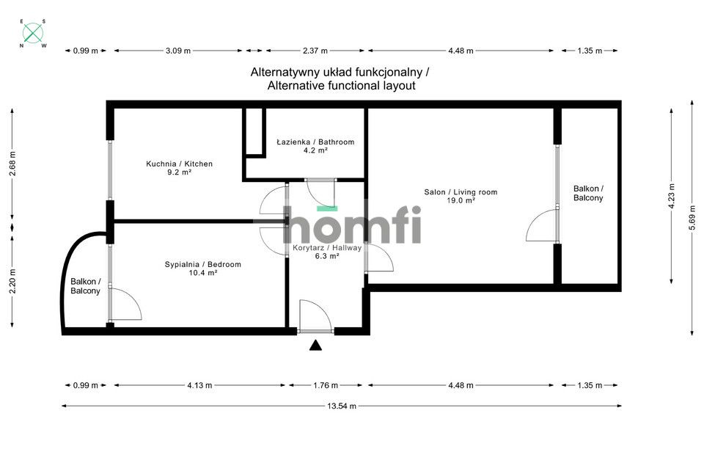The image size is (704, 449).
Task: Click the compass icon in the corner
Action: [x=33, y=33]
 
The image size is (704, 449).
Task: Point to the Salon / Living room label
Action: [x=461, y=192]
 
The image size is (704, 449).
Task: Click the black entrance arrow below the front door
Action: [x=315, y=346]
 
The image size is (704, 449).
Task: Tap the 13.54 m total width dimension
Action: [x=342, y=406]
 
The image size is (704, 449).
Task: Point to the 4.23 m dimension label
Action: [x=671, y=196]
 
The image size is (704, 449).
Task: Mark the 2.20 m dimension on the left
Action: [x=12, y=280]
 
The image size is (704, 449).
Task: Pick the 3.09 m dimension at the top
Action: [x=177, y=51]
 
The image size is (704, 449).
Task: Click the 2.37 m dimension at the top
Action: [x=315, y=51]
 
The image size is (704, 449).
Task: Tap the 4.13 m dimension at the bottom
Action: [x=199, y=385]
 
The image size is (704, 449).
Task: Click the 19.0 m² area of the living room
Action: [x=461, y=200]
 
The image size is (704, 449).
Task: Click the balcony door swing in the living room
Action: [x=543, y=226]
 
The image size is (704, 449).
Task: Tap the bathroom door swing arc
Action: [x=320, y=192]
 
